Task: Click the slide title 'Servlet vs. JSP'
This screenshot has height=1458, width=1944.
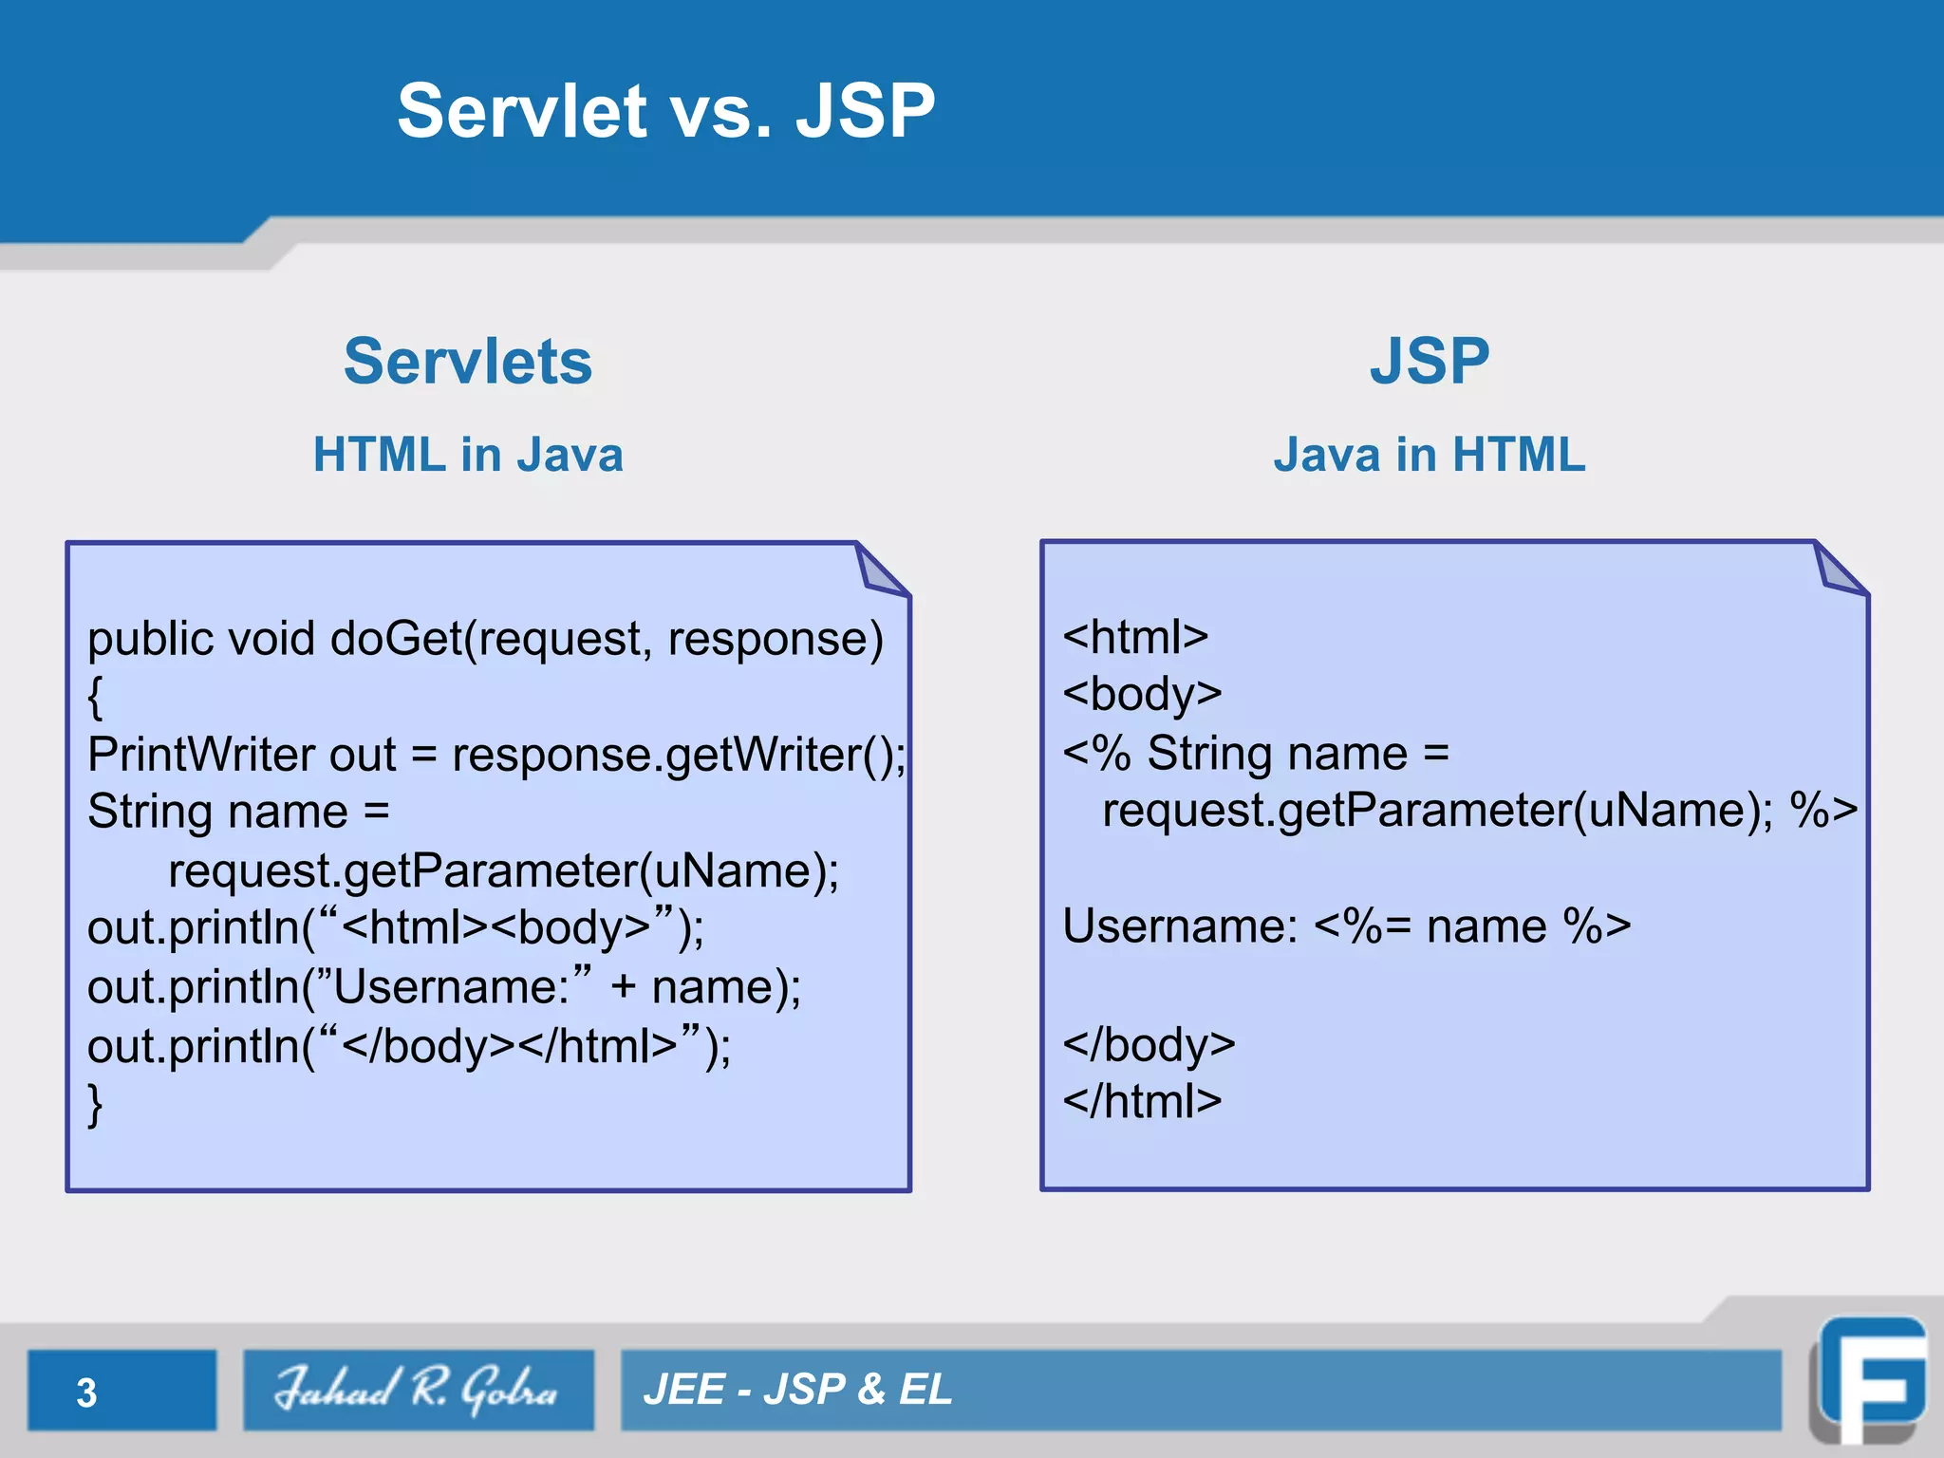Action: tap(666, 111)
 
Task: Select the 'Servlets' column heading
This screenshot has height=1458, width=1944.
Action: tap(468, 362)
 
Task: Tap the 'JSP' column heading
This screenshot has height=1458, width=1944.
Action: tap(1430, 362)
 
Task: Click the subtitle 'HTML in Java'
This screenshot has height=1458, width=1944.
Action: tap(468, 455)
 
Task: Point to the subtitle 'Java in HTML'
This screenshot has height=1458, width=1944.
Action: tap(1430, 455)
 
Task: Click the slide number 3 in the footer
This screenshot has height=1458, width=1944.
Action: tap(86, 1393)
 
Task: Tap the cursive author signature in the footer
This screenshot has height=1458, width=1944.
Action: tap(418, 1390)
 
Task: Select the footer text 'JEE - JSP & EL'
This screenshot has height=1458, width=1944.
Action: tap(797, 1390)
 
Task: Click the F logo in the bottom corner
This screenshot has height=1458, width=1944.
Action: tap(1870, 1381)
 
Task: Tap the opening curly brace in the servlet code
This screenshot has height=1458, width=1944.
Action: tap(95, 698)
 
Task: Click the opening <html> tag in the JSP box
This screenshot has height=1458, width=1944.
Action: tap(1135, 637)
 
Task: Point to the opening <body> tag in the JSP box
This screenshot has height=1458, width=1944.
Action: tap(1142, 694)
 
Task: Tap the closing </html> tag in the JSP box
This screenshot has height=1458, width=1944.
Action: tap(1142, 1102)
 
